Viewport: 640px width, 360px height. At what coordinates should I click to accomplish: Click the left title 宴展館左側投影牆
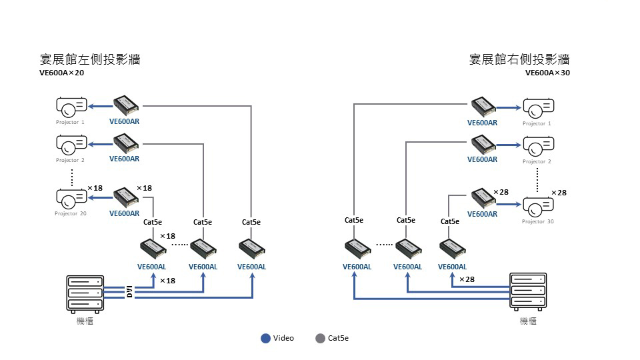pyautogui.click(x=90, y=59)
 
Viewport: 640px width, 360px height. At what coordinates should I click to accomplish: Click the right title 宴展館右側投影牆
pyautogui.click(x=519, y=59)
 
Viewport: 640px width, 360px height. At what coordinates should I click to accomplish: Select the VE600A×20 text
pyautogui.click(x=61, y=73)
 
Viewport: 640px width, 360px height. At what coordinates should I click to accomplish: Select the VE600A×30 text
pyautogui.click(x=547, y=73)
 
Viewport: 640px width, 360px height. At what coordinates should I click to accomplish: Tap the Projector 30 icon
pyautogui.click(x=538, y=205)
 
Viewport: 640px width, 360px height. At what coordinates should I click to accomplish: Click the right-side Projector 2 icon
pyautogui.click(x=538, y=144)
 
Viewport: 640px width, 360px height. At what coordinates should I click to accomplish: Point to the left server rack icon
pyautogui.click(x=85, y=293)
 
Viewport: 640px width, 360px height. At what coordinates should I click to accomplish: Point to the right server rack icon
pyautogui.click(x=528, y=291)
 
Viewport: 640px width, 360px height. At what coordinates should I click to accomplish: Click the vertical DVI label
pyautogui.click(x=130, y=291)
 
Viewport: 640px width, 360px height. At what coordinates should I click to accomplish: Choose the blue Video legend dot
pyautogui.click(x=265, y=338)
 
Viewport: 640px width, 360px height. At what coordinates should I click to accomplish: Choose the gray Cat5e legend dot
pyautogui.click(x=320, y=338)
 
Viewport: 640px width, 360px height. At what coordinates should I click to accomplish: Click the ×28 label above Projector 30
pyautogui.click(x=559, y=193)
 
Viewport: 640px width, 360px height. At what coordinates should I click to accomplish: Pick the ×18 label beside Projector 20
pyautogui.click(x=95, y=188)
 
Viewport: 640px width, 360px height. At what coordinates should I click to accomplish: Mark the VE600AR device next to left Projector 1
pyautogui.click(x=125, y=105)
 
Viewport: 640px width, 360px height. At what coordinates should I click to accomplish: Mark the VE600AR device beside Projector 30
pyautogui.click(x=483, y=197)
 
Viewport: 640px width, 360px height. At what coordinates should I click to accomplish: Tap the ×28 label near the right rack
pyautogui.click(x=467, y=279)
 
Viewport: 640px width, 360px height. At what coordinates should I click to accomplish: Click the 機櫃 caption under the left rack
pyautogui.click(x=85, y=321)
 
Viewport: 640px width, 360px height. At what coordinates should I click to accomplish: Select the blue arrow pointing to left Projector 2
pyautogui.click(x=99, y=143)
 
